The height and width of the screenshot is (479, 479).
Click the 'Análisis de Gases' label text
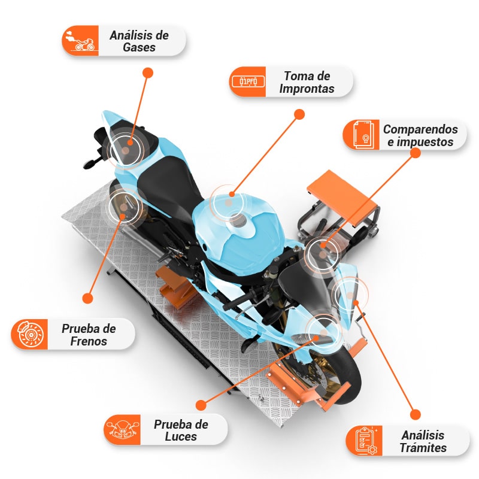(139, 41)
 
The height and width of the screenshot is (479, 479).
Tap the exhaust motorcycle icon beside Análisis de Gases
(81, 40)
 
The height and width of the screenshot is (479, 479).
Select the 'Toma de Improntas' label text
(307, 82)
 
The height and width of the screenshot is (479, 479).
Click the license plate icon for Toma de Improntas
(248, 81)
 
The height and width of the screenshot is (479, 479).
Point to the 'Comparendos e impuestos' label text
(420, 135)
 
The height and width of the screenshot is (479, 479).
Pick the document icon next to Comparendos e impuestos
(363, 135)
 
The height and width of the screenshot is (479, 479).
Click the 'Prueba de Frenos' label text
(89, 335)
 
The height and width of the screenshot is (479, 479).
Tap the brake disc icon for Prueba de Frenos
(30, 334)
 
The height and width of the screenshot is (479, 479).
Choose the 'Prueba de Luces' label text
(181, 430)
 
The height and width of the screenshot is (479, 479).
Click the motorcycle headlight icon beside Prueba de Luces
(122, 429)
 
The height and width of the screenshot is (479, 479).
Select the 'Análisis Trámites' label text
(423, 441)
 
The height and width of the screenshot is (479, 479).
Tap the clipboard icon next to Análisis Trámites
(366, 441)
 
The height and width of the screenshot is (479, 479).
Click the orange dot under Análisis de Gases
(148, 72)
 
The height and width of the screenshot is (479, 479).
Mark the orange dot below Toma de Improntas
(300, 114)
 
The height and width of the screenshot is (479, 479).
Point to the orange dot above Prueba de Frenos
(87, 298)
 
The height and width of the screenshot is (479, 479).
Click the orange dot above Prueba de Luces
(201, 405)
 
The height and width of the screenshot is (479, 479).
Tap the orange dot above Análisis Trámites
(415, 414)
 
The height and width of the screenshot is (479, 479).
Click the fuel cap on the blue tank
(237, 220)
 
